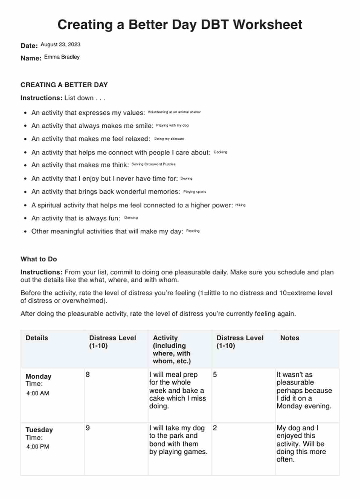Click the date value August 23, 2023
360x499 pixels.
60,44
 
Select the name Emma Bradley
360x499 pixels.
62,57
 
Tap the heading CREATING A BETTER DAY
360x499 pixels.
64,85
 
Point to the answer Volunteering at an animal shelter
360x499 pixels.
174,112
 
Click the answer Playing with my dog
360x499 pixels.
172,125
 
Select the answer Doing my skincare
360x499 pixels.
169,139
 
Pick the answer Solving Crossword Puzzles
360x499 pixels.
153,164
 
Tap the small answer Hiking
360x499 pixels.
240,205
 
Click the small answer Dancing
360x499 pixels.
131,217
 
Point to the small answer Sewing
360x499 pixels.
186,178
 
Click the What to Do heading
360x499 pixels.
39,259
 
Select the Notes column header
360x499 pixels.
290,338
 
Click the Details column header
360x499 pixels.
37,338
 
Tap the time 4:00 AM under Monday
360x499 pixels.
38,393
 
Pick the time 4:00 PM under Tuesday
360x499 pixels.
38,447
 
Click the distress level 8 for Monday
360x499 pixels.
88,375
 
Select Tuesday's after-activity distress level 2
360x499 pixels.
215,428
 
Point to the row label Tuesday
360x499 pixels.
39,430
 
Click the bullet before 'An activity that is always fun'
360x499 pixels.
25,219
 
